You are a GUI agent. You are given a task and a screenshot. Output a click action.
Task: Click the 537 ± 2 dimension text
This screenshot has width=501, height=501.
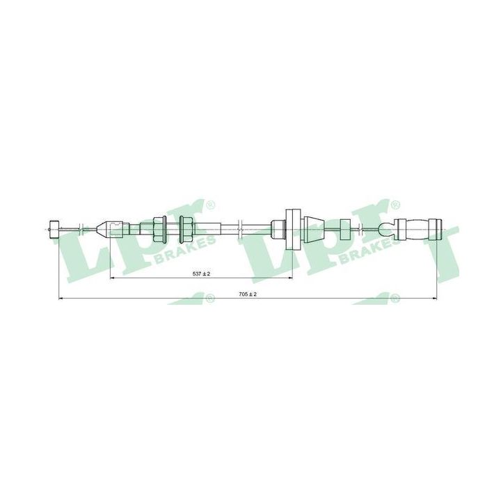201,274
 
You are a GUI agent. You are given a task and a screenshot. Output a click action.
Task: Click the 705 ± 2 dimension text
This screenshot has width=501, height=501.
248,295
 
